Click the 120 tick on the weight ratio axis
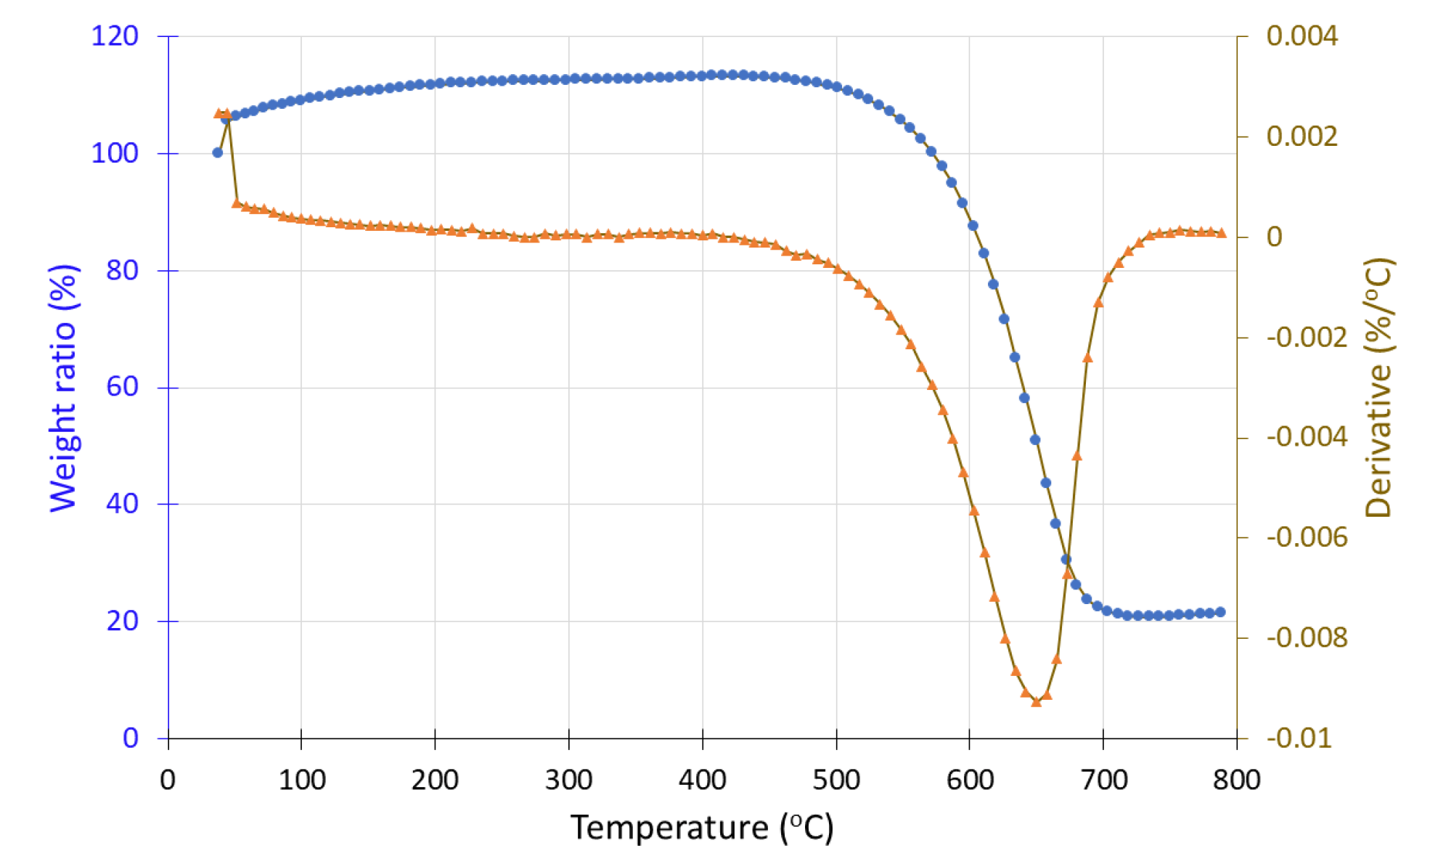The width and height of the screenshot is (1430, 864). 115,36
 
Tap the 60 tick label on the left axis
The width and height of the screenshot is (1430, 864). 122,387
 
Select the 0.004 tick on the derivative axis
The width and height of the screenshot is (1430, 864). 1302,36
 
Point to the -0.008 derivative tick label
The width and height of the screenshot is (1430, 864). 1307,637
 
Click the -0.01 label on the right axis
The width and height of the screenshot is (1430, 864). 1299,738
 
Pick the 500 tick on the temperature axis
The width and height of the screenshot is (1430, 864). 836,780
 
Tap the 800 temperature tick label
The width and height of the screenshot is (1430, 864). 1237,780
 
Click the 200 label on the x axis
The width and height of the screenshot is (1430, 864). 435,780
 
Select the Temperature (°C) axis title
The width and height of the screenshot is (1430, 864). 702,827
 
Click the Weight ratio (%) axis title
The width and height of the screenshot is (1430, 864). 63,388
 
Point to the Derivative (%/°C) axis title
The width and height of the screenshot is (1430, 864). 1378,388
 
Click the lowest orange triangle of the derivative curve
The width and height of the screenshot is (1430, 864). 1037,701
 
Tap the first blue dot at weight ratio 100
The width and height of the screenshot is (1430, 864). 218,152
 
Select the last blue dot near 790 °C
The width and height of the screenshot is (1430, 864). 1220,612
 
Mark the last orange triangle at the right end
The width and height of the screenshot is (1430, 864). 1222,233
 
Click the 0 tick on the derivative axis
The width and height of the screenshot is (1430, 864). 1274,237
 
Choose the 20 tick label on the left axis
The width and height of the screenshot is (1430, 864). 122,621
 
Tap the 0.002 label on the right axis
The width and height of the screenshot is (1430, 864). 1302,136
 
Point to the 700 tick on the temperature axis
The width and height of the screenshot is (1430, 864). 1103,780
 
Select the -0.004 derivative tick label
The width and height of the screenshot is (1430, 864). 1307,437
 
